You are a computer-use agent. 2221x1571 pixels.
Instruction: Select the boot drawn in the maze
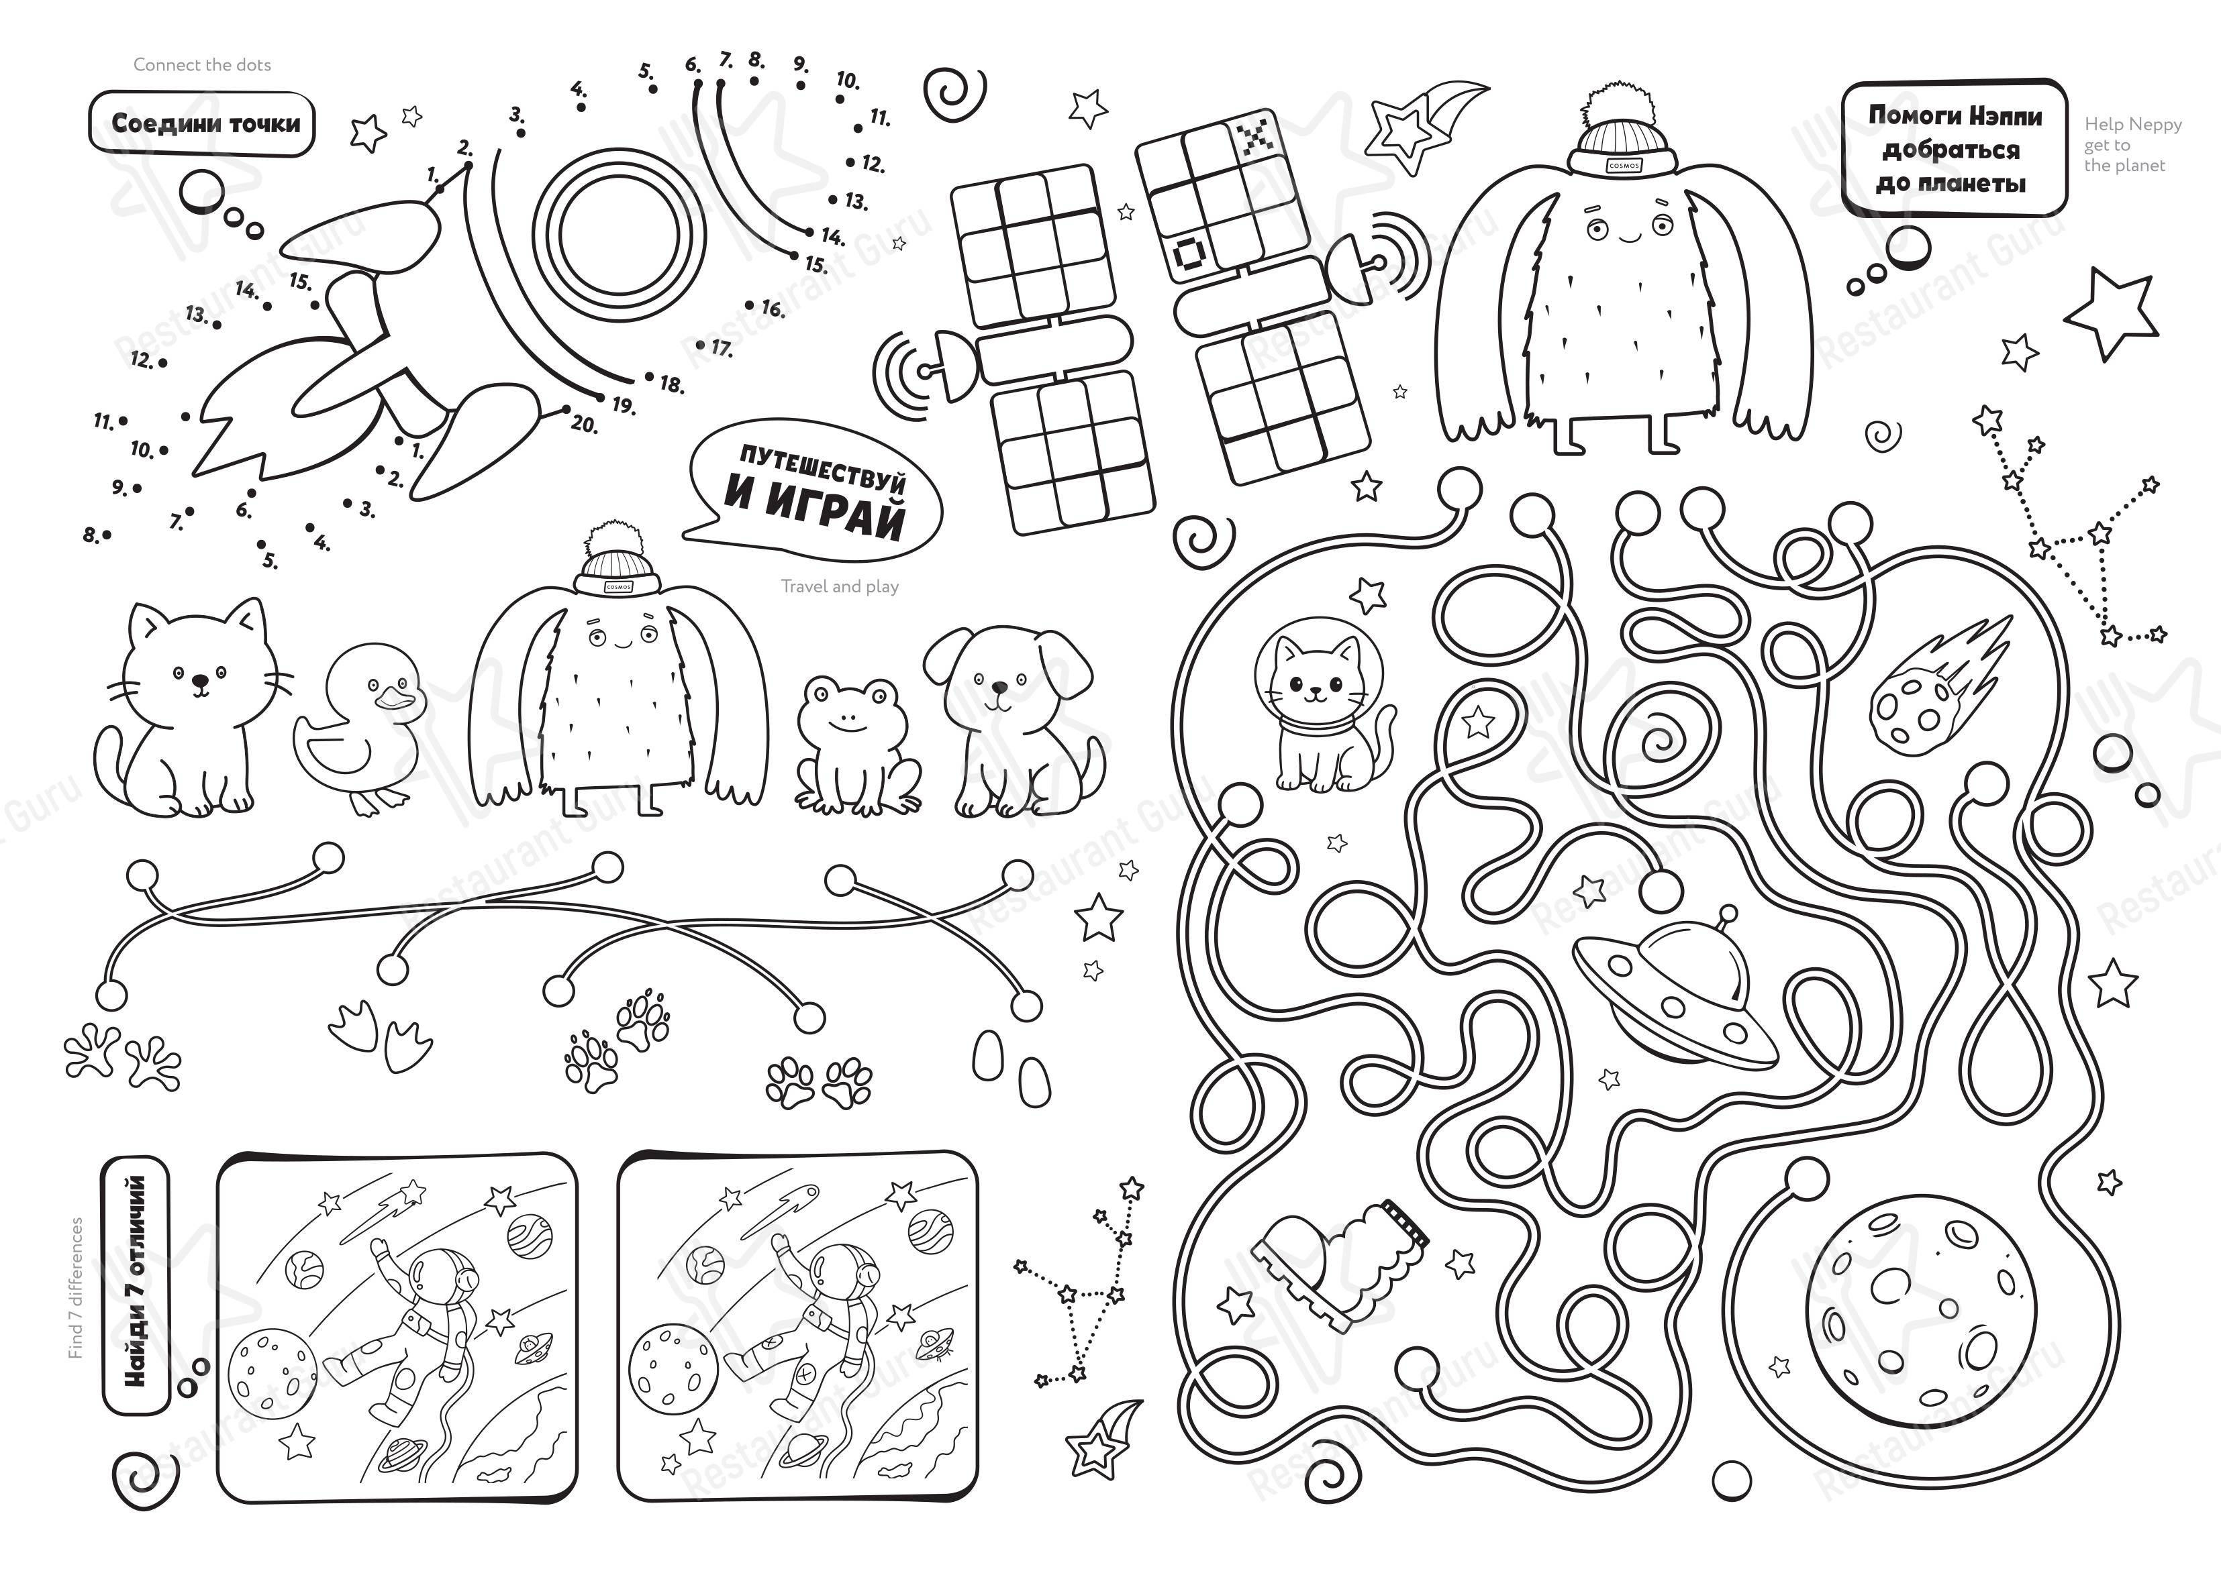pos(1341,1263)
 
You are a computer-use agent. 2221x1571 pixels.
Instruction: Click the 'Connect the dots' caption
pos(202,65)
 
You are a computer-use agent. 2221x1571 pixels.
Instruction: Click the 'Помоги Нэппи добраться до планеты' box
pos(1955,149)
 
